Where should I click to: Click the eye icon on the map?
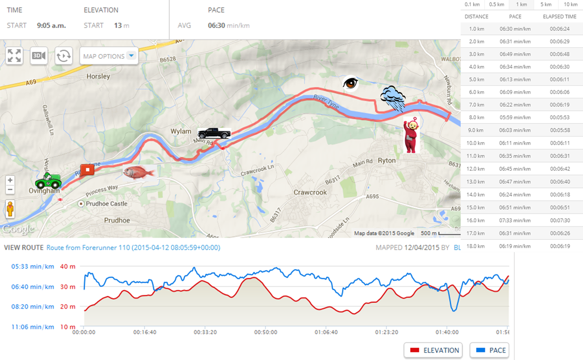tap(351, 83)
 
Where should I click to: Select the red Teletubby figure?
tap(411, 135)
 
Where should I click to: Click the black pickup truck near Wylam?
tap(214, 133)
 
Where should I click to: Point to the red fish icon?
tap(139, 173)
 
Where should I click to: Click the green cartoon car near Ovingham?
tap(48, 182)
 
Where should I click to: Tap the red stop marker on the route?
tap(87, 170)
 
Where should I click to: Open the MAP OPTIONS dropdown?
tap(109, 56)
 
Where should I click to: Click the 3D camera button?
tap(39, 56)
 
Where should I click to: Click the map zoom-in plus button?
tap(10, 180)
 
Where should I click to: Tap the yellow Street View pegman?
tap(10, 209)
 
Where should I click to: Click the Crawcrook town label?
tap(310, 193)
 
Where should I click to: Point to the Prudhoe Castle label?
tap(106, 204)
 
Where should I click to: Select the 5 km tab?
tap(545, 4)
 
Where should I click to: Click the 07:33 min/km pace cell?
tap(515, 220)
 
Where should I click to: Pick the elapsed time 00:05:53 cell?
tap(560, 118)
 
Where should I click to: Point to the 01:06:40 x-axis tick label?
tap(326, 332)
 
